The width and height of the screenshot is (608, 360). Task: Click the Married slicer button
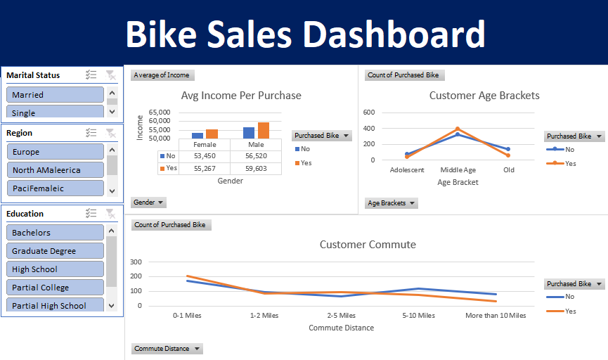55,95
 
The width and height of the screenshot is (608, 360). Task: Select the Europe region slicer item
55,152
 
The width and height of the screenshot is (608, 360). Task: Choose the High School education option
55,269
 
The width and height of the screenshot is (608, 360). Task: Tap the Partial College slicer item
55,288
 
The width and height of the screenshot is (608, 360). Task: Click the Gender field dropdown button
148,202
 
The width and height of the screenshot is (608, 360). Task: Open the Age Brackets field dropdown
392,203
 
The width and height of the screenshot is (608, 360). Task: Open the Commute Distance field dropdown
167,349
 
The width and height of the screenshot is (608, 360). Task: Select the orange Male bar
264,130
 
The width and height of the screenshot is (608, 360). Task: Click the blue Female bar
198,136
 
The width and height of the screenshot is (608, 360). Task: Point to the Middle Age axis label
458,170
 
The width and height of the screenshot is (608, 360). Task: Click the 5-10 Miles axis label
418,316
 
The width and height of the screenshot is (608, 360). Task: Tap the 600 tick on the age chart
368,112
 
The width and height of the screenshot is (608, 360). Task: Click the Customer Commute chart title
368,245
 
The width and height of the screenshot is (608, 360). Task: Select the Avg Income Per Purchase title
241,96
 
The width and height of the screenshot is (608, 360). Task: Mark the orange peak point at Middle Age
458,129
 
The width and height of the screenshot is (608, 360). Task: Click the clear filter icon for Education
110,214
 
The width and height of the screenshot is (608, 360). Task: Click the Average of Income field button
162,75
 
